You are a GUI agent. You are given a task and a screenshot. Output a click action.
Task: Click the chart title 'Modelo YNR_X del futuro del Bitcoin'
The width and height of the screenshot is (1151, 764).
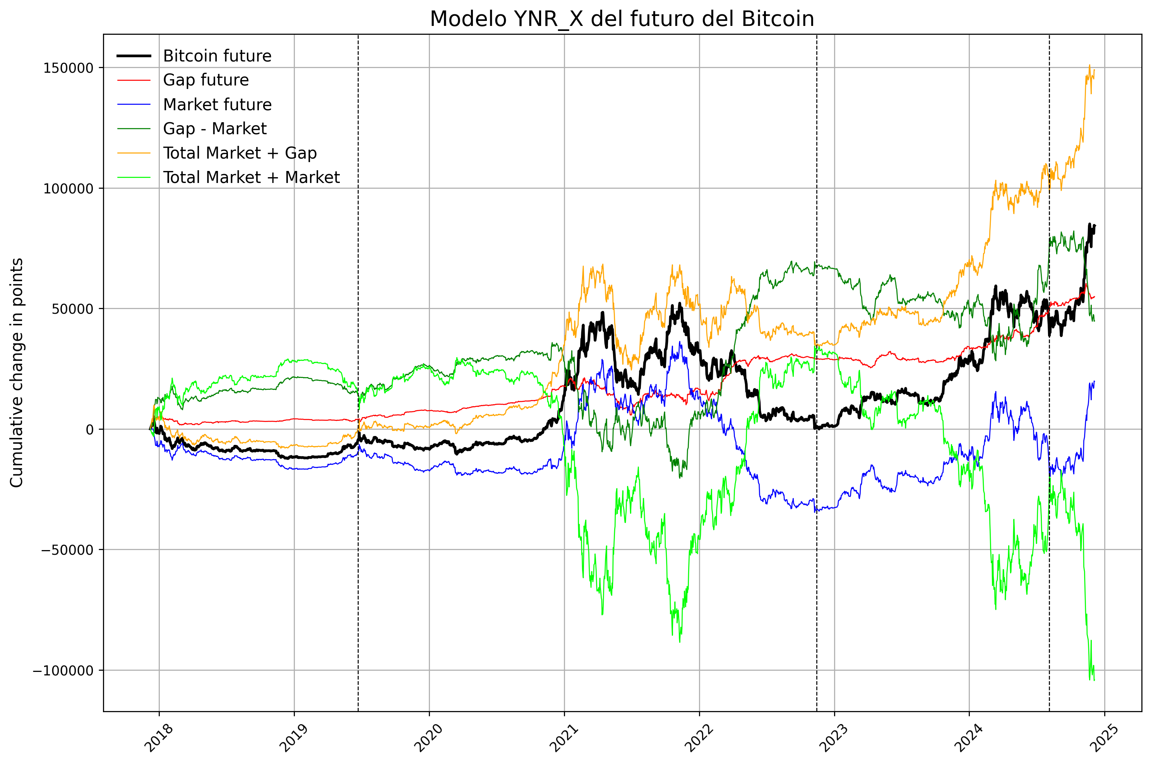622,19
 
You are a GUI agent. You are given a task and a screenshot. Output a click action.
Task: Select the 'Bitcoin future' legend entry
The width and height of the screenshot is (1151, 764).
217,56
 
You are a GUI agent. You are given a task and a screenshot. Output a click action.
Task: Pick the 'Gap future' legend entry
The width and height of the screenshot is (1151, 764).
206,80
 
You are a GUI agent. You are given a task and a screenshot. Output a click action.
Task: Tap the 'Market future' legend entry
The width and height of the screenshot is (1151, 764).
217,104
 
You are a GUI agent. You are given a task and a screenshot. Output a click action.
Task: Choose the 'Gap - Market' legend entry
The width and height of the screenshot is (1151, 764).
214,129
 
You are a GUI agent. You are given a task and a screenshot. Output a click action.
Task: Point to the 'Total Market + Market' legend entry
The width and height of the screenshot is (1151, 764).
251,177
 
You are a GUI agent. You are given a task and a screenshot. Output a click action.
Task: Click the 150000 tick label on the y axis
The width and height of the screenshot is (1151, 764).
68,68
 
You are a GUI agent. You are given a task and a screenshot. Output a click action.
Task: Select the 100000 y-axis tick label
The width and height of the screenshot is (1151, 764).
68,188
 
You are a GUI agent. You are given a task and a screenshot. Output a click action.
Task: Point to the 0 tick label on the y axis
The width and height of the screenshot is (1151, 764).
90,430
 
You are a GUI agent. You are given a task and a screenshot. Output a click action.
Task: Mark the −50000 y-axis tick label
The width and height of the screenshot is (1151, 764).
67,550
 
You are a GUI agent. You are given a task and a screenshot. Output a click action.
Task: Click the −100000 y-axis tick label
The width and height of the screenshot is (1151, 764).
63,671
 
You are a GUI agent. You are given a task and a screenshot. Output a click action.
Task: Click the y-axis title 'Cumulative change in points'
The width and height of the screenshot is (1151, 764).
17,373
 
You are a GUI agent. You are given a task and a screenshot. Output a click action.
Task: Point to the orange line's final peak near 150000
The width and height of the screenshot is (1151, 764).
1089,65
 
